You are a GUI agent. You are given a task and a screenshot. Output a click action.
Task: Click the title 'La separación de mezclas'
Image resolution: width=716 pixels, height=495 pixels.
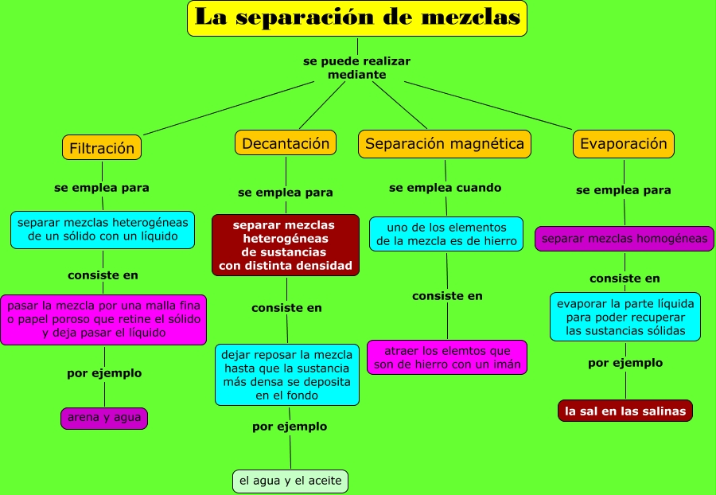click(357, 18)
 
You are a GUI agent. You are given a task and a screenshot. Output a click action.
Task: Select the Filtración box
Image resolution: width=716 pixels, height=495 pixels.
click(102, 147)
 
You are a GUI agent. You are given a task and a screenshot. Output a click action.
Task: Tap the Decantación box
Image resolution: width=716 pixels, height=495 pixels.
click(286, 143)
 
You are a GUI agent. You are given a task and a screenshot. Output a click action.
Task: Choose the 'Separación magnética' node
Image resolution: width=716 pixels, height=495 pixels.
click(445, 144)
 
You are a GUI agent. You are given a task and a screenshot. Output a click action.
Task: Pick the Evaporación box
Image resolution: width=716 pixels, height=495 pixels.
click(624, 144)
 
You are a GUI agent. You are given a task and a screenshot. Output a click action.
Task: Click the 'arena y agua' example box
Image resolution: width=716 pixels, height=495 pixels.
click(104, 419)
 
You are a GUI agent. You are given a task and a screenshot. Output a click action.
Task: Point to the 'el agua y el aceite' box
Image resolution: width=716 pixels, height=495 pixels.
click(290, 481)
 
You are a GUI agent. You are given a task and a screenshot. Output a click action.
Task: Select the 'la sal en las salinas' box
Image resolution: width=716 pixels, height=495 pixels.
click(625, 411)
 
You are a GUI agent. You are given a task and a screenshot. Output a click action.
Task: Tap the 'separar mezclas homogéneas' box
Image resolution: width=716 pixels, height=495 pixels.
click(625, 239)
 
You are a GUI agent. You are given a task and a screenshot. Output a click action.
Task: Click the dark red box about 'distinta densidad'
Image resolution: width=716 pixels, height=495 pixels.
click(286, 245)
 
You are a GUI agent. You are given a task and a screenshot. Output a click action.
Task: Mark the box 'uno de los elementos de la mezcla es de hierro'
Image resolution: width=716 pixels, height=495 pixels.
click(446, 234)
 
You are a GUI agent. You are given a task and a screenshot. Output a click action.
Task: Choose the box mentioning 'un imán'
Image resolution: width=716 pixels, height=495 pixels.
click(447, 357)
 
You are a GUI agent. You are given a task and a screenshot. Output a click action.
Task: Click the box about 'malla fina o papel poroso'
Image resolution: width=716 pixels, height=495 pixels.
click(103, 320)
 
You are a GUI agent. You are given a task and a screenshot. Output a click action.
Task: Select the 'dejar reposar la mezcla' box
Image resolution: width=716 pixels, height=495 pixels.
click(287, 375)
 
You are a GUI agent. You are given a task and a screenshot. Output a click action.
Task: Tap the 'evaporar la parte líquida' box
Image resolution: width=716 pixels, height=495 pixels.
click(625, 317)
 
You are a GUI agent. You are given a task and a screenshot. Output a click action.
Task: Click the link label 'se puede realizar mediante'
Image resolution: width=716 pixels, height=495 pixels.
click(356, 68)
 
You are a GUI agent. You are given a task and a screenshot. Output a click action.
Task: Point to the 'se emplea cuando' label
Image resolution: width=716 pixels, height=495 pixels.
click(446, 188)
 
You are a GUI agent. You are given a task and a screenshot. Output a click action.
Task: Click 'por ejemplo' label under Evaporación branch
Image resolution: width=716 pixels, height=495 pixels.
click(625, 363)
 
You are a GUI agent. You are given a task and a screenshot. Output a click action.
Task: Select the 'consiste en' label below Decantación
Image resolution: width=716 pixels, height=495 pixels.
click(286, 308)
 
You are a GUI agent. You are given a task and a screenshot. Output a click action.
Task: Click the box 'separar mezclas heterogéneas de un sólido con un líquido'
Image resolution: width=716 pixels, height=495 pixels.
click(103, 230)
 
